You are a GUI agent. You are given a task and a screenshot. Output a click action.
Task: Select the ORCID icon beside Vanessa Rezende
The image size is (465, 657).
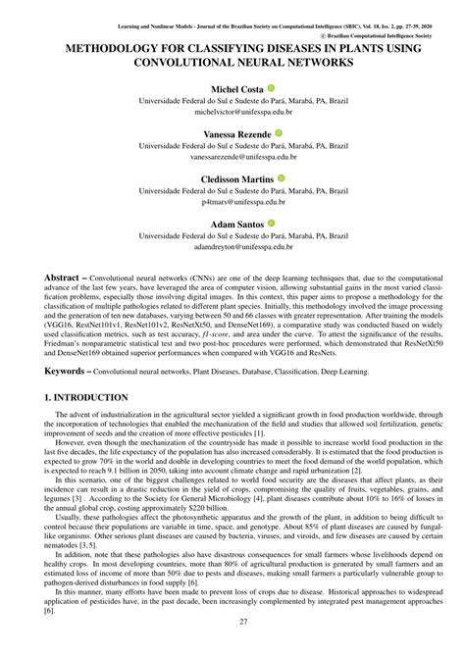[x=279, y=132]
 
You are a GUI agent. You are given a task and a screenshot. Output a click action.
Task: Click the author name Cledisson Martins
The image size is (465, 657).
[x=238, y=178]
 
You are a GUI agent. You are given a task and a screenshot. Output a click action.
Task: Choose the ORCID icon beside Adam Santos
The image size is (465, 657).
[x=272, y=224]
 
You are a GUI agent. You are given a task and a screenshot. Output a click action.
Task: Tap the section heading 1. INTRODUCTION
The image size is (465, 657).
[x=86, y=398]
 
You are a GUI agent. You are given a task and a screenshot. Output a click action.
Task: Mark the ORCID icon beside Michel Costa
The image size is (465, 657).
[x=271, y=88]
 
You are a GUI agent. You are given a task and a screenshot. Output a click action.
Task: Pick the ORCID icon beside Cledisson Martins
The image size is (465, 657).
[x=282, y=178]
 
